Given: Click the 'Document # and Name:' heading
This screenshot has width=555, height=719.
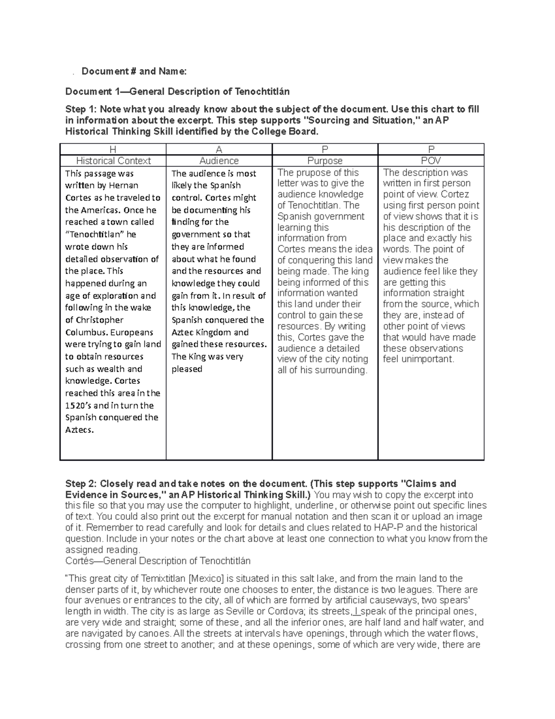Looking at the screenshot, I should coord(134,71).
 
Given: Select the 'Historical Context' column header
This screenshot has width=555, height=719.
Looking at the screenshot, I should coord(113,161).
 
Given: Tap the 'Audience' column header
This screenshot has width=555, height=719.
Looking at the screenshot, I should coord(219,161).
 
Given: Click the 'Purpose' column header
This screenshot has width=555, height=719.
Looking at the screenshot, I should coord(325,161).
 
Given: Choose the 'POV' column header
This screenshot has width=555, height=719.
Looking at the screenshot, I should coord(431,161).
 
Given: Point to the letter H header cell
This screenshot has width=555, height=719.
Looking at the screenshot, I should coord(113,150).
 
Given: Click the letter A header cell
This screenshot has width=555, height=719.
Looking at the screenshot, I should coord(219,150).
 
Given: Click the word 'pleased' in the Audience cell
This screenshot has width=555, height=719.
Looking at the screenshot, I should coord(187,369).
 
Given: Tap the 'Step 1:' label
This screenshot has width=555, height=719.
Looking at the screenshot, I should coord(81,110).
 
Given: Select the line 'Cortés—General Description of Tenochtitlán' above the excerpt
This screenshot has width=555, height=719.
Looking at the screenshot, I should coord(158,561).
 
